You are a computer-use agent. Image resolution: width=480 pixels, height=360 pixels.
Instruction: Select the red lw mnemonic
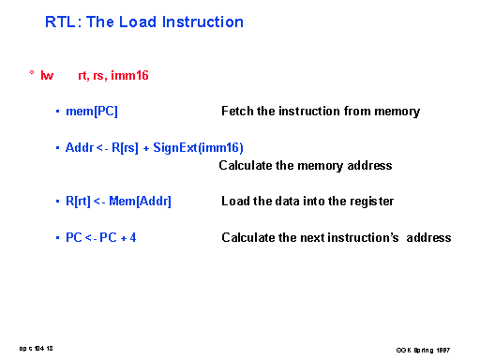47,74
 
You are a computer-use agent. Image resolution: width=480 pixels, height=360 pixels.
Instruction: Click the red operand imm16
130,74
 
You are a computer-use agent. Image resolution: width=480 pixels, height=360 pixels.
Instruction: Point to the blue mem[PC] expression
92,112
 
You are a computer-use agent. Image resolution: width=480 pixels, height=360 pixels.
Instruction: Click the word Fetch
236,112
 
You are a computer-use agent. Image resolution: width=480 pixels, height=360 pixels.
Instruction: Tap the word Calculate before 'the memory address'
245,166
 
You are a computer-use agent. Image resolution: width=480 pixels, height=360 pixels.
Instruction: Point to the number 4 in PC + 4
133,238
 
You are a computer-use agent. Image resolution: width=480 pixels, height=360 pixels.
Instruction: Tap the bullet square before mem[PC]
58,112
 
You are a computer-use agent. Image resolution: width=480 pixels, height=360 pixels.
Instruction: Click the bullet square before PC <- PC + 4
58,238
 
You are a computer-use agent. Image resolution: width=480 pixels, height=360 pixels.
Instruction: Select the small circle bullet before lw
32,73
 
